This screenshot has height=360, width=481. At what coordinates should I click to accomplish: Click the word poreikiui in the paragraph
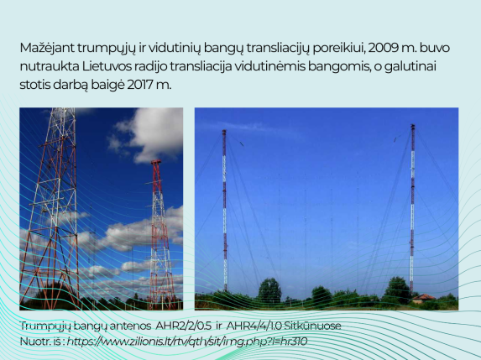click(339, 49)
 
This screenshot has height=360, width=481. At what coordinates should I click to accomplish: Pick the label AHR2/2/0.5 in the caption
click(183, 326)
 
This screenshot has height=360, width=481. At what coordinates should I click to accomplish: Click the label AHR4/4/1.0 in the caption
click(254, 326)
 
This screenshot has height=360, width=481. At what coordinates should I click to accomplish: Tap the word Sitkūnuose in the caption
click(312, 326)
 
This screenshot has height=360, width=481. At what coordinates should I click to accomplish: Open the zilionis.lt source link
click(187, 342)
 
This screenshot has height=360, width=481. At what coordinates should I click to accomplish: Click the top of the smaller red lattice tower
click(156, 161)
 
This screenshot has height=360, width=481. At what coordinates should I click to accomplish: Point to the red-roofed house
click(424, 299)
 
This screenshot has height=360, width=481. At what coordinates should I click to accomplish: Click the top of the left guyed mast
click(224, 131)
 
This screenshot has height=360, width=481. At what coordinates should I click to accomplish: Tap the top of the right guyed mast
click(413, 125)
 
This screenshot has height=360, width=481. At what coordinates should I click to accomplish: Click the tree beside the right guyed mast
click(397, 290)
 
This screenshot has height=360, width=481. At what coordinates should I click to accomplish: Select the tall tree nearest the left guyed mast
click(269, 290)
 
